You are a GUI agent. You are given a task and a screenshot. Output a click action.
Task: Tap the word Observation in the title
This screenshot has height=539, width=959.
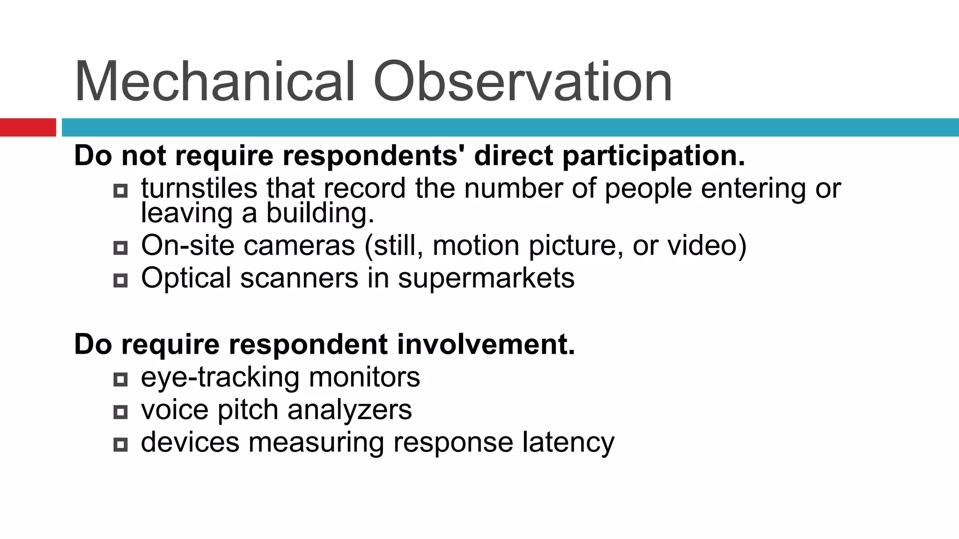click(x=522, y=82)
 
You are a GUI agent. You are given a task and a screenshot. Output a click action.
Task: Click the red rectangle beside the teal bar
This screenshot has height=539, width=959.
click(x=28, y=127)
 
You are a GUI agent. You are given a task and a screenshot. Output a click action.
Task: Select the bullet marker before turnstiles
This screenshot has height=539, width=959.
click(x=120, y=191)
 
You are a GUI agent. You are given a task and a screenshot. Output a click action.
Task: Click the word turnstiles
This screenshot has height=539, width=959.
click(x=199, y=188)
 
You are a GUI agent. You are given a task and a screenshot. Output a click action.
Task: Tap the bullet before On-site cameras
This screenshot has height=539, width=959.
click(x=120, y=248)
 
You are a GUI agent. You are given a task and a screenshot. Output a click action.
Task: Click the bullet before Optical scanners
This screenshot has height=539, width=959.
click(x=120, y=281)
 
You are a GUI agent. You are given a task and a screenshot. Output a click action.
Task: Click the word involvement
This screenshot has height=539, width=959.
click(x=486, y=344)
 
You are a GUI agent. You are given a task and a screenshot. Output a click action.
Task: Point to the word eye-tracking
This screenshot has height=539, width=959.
click(x=220, y=377)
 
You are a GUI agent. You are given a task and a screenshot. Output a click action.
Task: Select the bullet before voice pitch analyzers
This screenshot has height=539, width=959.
click(x=120, y=412)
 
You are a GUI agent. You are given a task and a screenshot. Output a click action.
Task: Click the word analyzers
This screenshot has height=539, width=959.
click(x=349, y=410)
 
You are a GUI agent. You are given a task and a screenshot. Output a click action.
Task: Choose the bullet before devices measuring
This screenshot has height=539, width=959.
click(x=120, y=444)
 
